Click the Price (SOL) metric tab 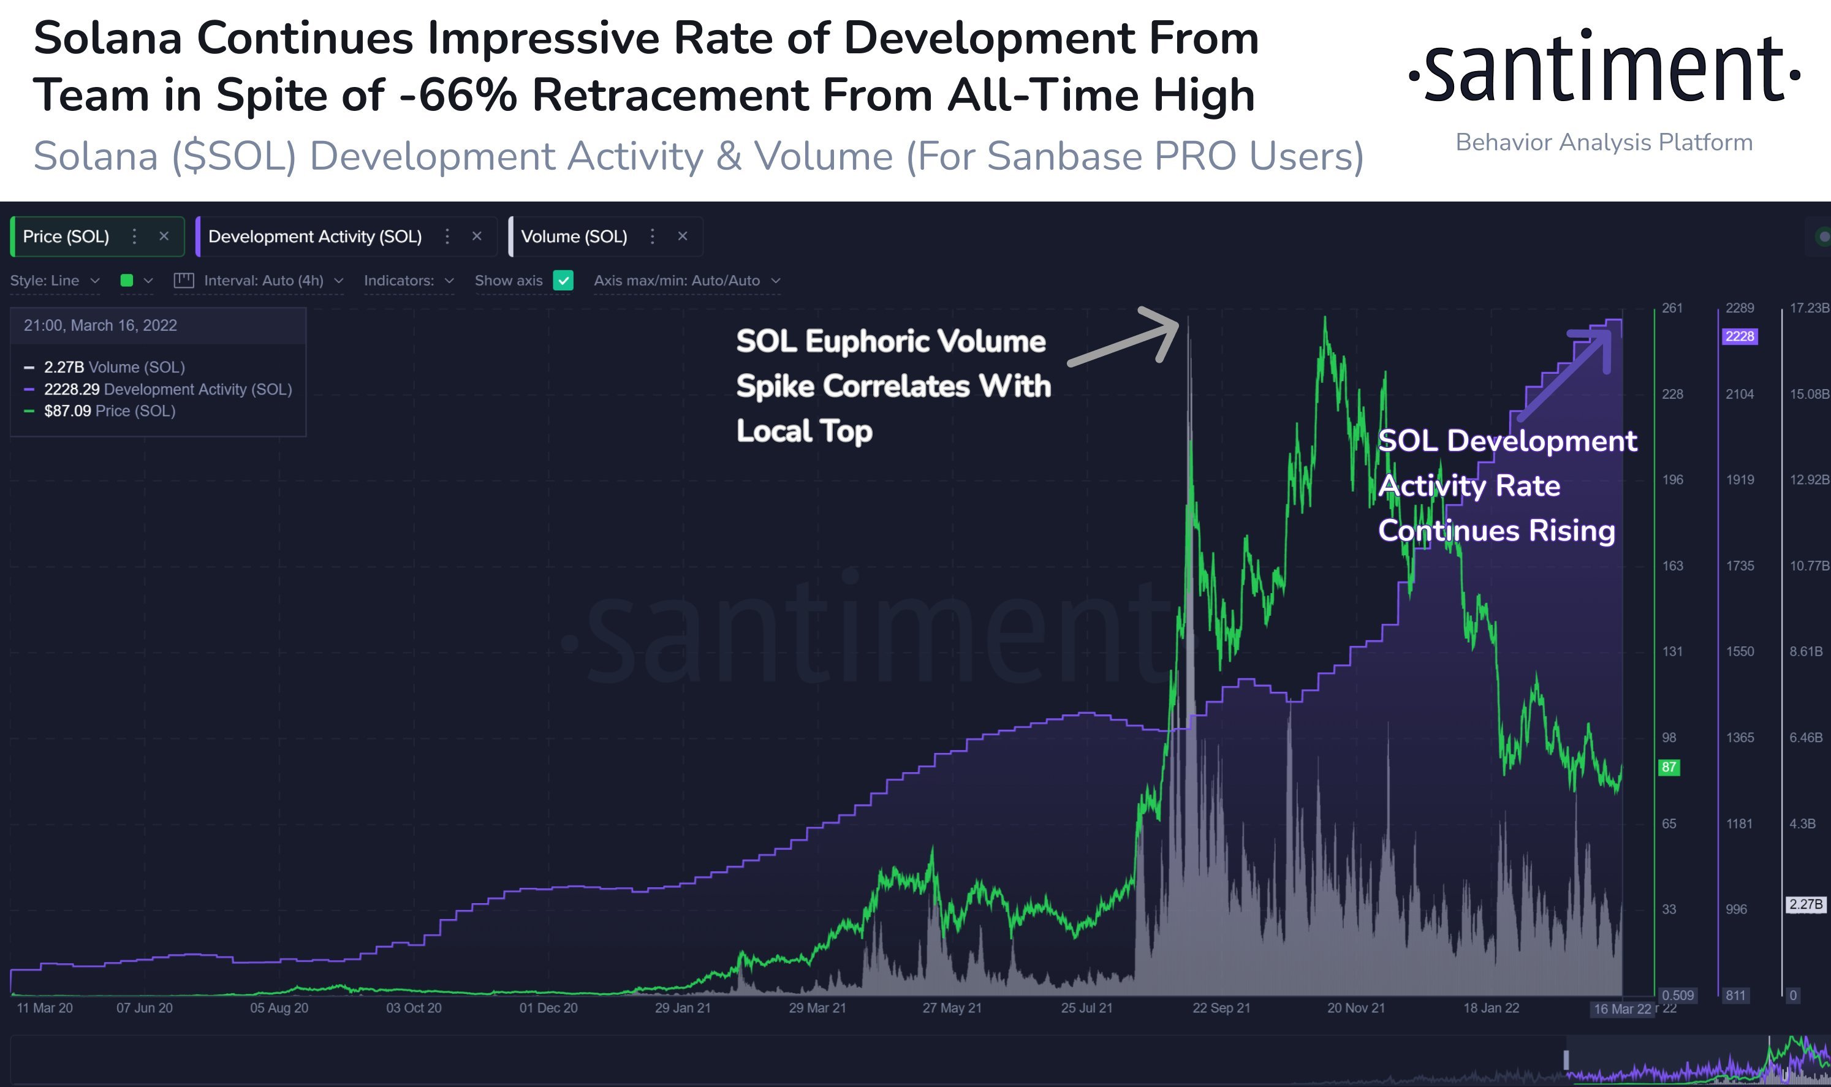(x=66, y=237)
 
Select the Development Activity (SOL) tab (x=314, y=237)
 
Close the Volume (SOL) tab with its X (x=683, y=237)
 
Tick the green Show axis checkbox (x=563, y=281)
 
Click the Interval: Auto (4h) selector (x=263, y=281)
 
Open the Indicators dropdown (x=409, y=281)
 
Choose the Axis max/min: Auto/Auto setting (x=686, y=281)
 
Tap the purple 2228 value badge (x=1740, y=336)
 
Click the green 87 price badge (x=1669, y=768)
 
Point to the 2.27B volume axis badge (x=1805, y=904)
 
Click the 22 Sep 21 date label (x=1221, y=1008)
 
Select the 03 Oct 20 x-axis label (x=414, y=1008)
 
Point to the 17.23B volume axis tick (x=1808, y=308)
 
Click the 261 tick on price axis (x=1672, y=308)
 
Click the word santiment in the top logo (x=1604, y=70)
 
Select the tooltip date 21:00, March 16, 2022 (x=100, y=326)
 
